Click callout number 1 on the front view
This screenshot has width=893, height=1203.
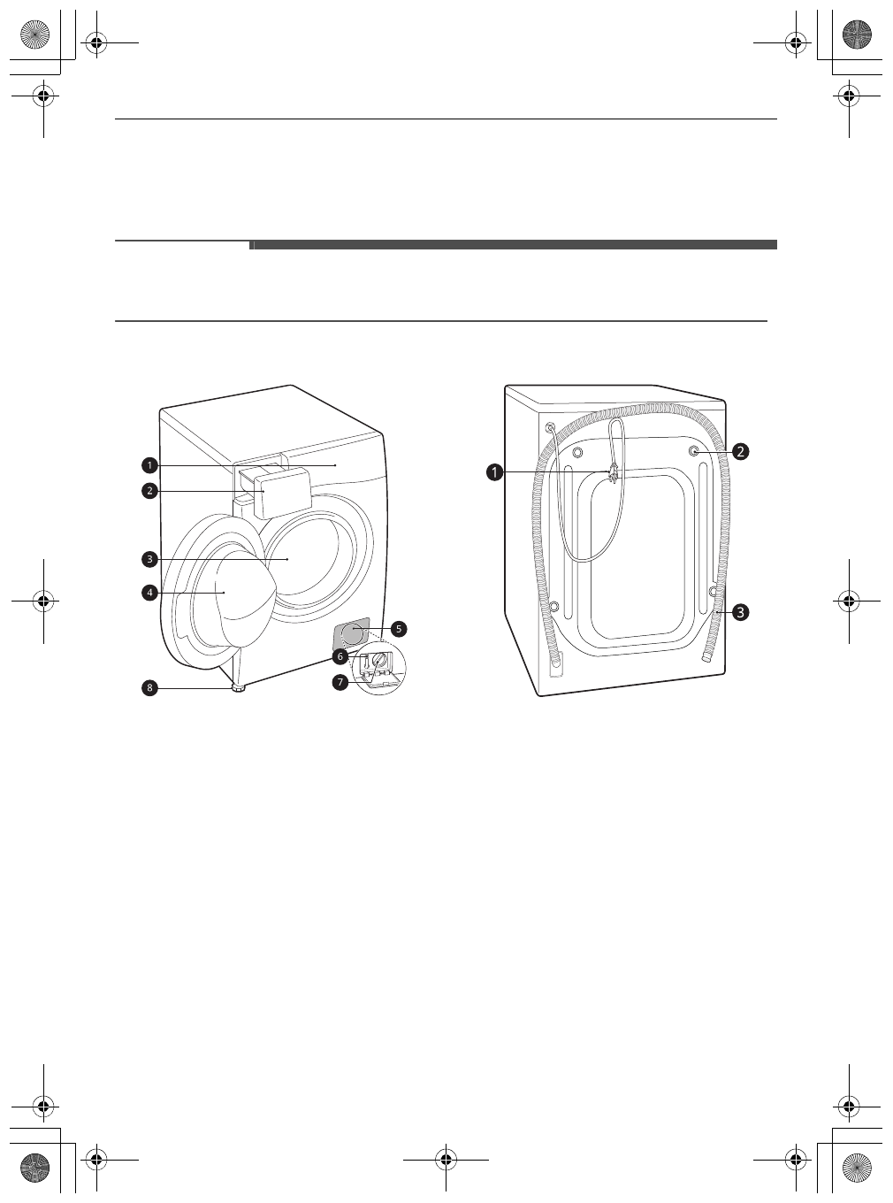149,465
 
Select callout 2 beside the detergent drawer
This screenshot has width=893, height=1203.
149,492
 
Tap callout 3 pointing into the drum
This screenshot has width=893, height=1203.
149,559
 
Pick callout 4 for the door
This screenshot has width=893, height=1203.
149,593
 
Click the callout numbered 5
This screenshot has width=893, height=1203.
399,629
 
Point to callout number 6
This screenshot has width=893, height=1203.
340,656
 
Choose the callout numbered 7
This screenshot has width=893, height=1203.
340,682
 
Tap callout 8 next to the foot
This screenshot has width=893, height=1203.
149,688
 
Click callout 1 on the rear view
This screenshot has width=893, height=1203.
494,472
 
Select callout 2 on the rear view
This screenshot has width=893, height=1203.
740,451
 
